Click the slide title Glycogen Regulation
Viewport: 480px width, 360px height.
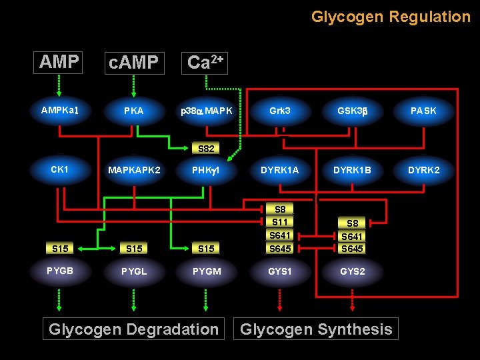(391, 17)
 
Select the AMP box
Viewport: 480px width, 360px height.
(59, 62)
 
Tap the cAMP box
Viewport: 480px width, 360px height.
(134, 63)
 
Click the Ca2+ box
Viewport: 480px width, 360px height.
(205, 63)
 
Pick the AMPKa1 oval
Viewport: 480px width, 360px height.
(61, 111)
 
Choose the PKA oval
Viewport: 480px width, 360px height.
(134, 111)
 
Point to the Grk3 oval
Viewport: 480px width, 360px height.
(280, 111)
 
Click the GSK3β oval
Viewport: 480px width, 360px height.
(353, 111)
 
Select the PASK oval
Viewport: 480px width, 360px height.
(423, 111)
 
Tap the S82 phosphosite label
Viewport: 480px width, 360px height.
(206, 148)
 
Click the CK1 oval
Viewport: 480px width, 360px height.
(60, 169)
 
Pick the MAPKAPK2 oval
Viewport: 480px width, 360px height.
(134, 170)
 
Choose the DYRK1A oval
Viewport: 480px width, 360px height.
(280, 170)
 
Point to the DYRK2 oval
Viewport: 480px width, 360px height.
(423, 170)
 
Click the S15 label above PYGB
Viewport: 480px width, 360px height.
(60, 249)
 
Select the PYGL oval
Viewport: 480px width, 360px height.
(134, 271)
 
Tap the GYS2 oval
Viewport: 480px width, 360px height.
(353, 271)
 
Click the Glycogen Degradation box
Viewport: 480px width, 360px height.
(133, 329)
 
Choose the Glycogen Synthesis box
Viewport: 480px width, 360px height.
(316, 329)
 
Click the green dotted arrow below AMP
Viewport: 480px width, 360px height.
(59, 85)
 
